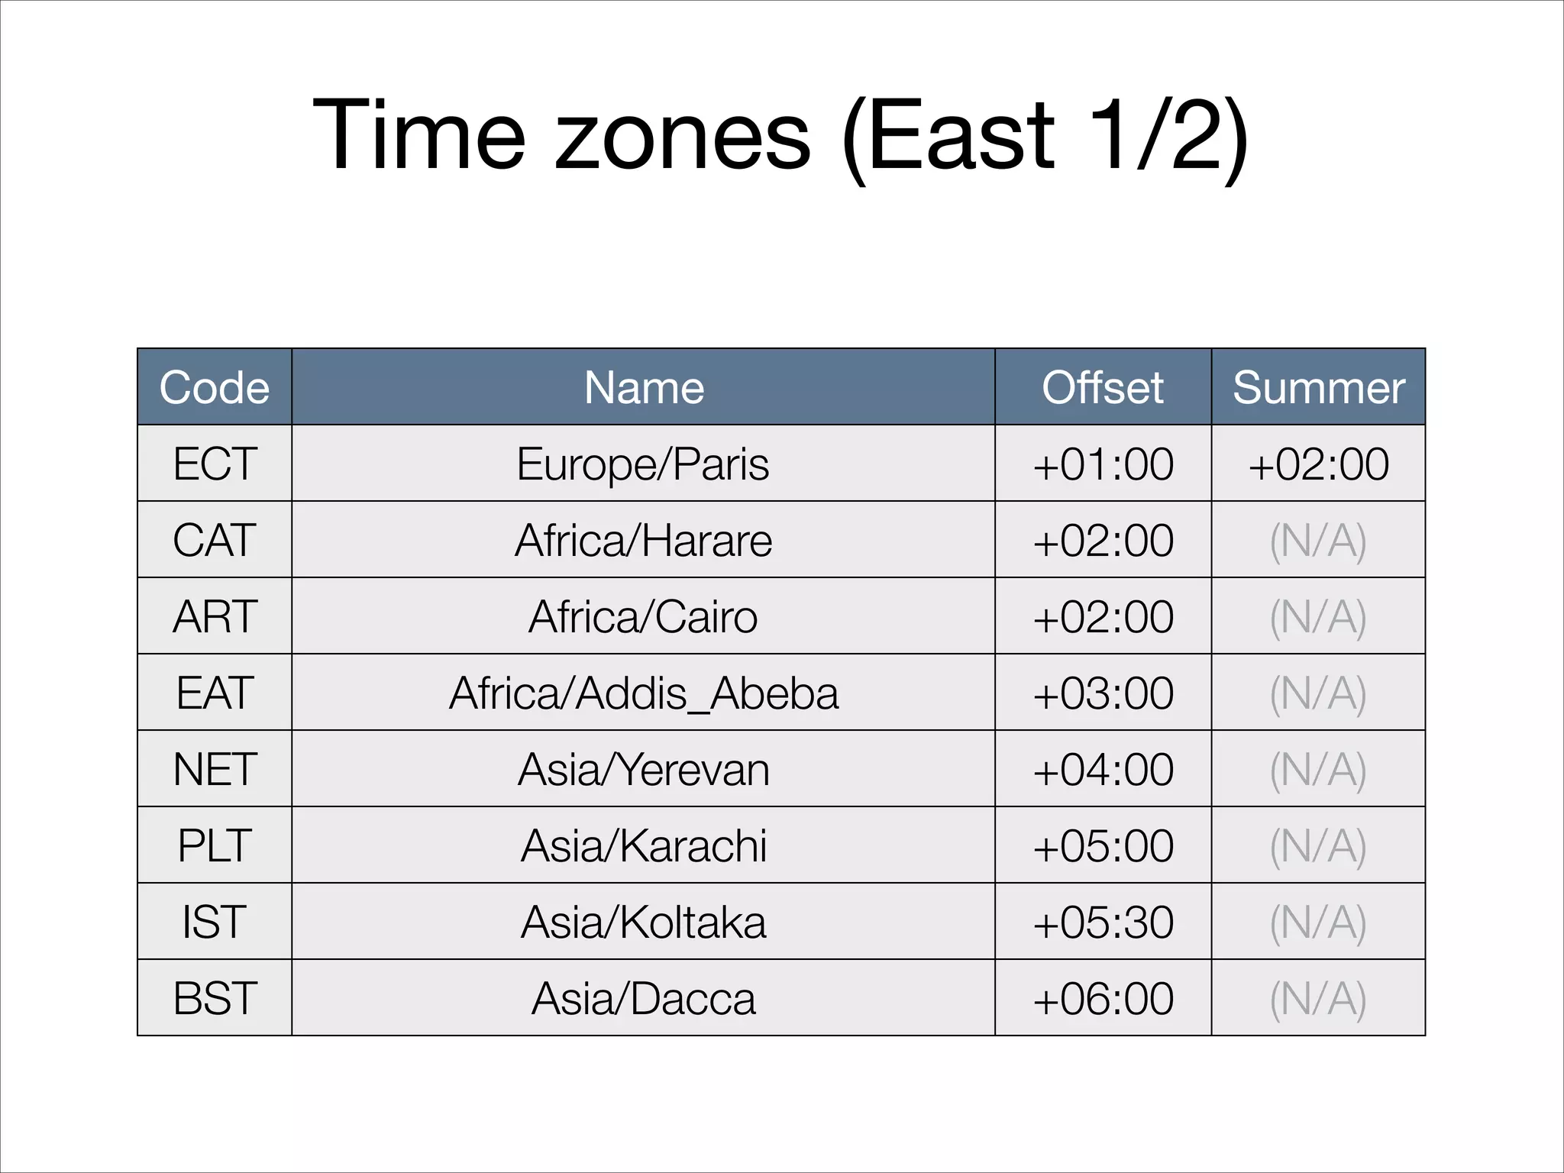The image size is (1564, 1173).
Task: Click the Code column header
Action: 215,387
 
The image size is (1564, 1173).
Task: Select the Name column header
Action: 643,387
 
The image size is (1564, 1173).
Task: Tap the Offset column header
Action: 1103,387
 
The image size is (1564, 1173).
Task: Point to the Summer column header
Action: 1318,387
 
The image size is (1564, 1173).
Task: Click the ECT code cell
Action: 215,464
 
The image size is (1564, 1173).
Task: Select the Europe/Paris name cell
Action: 643,464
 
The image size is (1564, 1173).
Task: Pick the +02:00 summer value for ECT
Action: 1318,464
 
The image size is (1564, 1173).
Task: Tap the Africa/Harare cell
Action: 643,540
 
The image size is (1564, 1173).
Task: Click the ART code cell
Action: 215,616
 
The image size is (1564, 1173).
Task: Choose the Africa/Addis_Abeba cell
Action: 643,693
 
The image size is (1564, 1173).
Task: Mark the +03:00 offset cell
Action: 1103,693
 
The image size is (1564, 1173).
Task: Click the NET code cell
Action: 215,769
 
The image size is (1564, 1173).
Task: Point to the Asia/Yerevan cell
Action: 643,769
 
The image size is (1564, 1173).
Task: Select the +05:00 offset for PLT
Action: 1103,845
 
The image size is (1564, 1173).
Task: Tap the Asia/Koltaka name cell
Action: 643,922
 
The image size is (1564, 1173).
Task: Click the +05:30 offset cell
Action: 1103,922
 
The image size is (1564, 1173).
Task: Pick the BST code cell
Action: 215,998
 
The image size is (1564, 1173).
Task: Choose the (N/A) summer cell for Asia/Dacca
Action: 1318,998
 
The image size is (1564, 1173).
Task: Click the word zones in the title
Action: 682,137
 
